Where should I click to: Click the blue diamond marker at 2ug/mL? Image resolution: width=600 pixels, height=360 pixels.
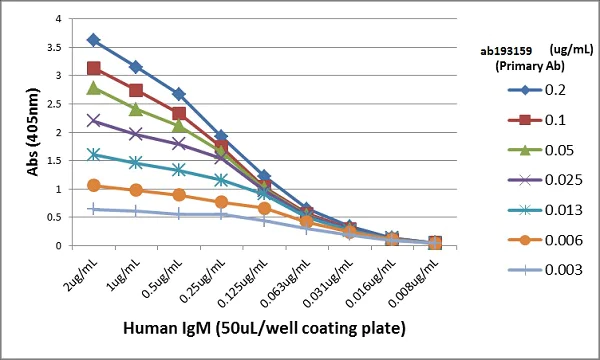pyautogui.click(x=93, y=40)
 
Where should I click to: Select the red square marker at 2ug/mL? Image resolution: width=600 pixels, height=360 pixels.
pyautogui.click(x=93, y=68)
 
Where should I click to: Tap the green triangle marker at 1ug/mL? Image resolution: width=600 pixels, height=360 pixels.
pyautogui.click(x=136, y=108)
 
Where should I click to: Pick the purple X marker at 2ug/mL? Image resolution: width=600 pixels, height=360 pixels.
pyautogui.click(x=93, y=120)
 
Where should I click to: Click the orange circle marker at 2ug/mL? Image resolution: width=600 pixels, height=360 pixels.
pyautogui.click(x=93, y=185)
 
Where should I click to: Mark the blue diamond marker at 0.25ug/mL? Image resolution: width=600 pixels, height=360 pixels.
pyautogui.click(x=221, y=136)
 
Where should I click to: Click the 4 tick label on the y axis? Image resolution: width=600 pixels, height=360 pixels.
pyautogui.click(x=65, y=19)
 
